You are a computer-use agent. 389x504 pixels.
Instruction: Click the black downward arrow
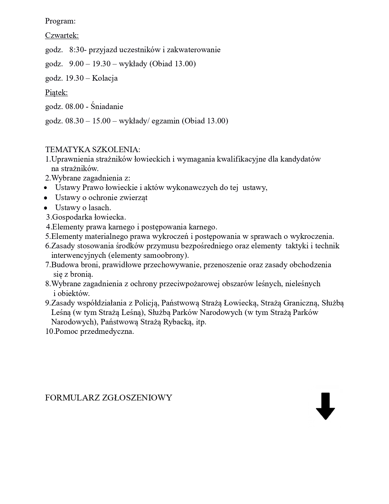pos(325,406)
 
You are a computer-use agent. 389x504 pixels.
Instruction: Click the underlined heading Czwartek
pos(62,35)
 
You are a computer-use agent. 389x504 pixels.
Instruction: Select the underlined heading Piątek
pos(56,92)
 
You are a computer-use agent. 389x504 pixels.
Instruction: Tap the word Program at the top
pos(60,21)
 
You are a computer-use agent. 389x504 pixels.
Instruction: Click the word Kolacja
pos(105,78)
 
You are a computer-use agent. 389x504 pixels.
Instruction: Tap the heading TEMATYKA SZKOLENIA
pos(93,150)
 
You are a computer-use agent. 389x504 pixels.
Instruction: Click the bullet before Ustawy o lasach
pos(45,208)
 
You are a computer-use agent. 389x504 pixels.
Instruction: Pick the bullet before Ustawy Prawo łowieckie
pos(45,188)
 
